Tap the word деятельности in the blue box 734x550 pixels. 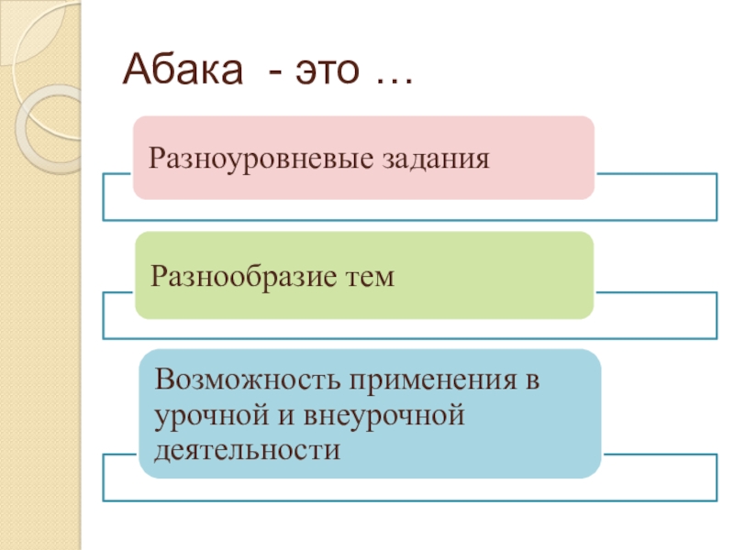tap(248, 449)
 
